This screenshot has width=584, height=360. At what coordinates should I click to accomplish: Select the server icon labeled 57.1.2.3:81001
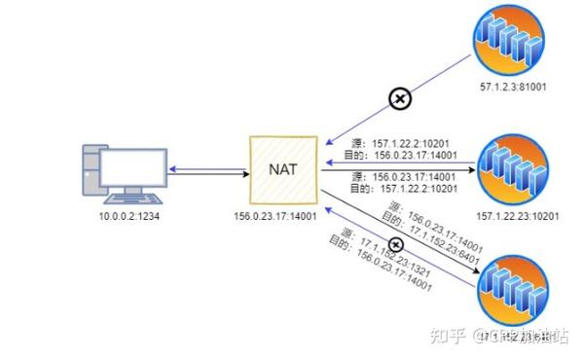506,37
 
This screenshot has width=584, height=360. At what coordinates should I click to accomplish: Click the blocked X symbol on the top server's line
399,97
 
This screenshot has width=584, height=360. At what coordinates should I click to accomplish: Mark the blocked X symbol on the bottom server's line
396,244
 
